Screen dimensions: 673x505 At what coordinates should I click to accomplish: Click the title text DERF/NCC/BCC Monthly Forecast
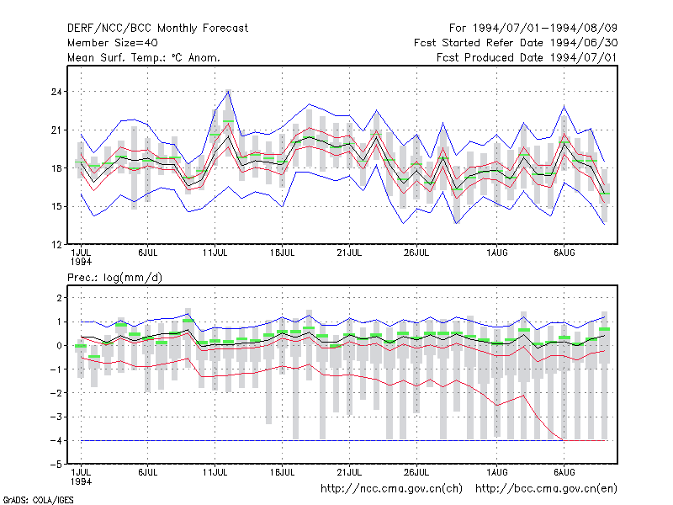click(157, 29)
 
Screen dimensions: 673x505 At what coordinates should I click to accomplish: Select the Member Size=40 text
click(113, 43)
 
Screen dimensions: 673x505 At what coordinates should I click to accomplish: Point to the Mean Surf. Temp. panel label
click(144, 57)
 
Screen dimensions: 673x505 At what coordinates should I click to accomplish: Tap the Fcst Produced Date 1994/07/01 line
click(527, 57)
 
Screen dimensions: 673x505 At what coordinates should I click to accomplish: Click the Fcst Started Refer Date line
click(516, 43)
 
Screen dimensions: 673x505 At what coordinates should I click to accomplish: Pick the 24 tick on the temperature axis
click(56, 92)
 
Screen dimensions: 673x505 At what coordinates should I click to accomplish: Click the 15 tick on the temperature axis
click(56, 206)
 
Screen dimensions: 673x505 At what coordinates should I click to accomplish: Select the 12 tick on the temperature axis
click(56, 245)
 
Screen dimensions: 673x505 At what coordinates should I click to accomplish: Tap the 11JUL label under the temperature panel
click(215, 253)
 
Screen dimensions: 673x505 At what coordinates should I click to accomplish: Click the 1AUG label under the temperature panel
click(497, 253)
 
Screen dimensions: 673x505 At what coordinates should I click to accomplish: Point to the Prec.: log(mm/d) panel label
click(114, 278)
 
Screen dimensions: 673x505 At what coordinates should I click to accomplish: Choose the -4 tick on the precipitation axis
click(56, 440)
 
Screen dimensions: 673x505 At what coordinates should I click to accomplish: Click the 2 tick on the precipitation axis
click(59, 298)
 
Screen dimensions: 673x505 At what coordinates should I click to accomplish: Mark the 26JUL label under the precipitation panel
click(416, 472)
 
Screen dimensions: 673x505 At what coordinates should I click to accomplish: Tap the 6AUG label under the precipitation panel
click(564, 472)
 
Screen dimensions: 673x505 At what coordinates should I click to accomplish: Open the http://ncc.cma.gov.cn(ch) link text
click(391, 489)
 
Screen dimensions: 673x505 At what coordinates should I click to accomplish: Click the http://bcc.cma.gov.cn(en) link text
click(546, 489)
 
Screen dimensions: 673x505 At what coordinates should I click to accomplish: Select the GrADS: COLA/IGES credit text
click(38, 500)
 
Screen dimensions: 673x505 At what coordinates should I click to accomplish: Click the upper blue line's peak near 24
click(229, 92)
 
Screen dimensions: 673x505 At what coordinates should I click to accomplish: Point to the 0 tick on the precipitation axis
click(59, 345)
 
